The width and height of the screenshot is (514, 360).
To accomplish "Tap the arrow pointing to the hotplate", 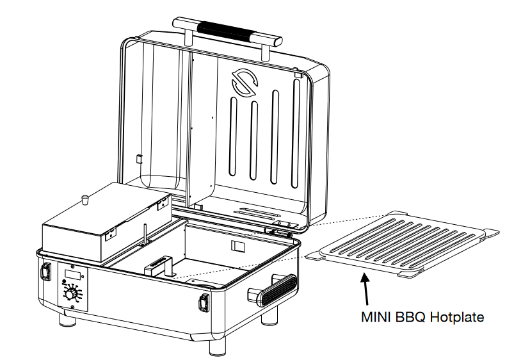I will (x=366, y=288).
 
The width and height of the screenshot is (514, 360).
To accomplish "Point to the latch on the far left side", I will (x=45, y=272).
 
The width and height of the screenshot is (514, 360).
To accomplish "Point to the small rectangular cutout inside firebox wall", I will (x=237, y=247).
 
